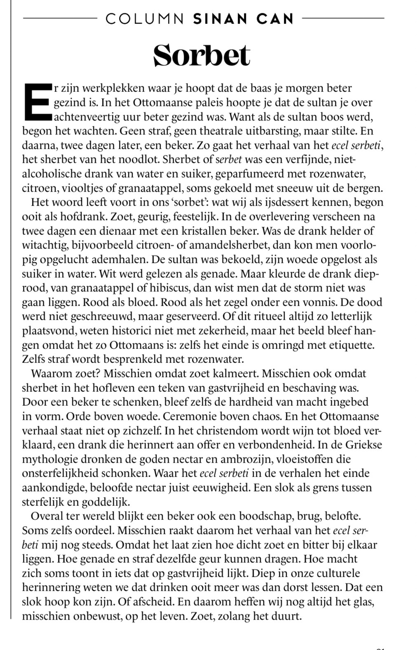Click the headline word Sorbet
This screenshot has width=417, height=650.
click(201, 55)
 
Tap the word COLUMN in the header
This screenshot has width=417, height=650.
click(145, 19)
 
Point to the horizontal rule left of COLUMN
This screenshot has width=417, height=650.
click(60, 18)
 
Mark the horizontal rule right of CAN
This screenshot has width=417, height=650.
click(343, 18)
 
